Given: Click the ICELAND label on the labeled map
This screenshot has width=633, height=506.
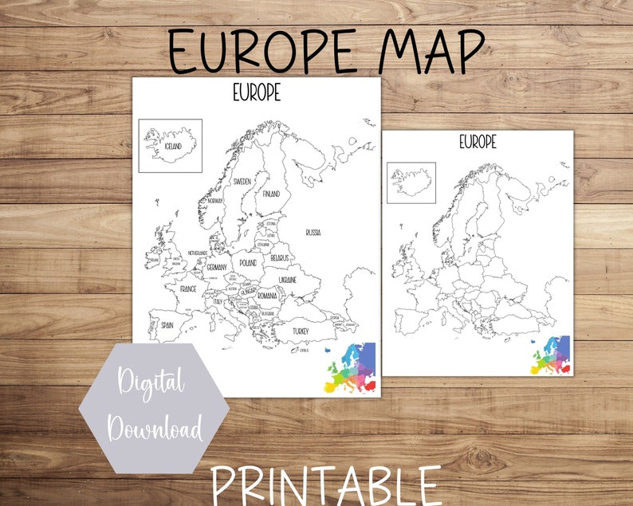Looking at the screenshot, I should click(173, 147).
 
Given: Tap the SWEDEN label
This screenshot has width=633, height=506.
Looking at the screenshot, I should click(242, 182).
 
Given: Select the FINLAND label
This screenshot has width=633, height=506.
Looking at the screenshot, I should click(272, 193).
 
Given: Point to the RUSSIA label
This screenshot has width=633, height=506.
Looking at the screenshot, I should click(313, 232).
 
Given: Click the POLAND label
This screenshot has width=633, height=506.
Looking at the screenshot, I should click(248, 262).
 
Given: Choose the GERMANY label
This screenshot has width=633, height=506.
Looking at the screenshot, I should click(216, 267).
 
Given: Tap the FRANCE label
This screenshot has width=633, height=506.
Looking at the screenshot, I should click(188, 288).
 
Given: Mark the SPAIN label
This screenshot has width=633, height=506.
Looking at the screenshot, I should click(167, 325).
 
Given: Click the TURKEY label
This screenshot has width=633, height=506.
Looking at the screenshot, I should click(300, 330).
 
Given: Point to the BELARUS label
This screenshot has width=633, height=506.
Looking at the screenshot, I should click(278, 258).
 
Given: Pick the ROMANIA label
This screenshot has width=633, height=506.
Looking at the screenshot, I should click(266, 296).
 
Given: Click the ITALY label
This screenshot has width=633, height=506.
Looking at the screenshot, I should click(217, 302).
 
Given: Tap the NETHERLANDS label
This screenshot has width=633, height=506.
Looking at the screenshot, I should click(198, 253).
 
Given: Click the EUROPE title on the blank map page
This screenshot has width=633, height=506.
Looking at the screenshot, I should click(478, 142).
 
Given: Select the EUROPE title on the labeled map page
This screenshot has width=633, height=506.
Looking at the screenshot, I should click(257, 93).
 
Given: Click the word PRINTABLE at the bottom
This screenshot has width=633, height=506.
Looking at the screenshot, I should click(326, 484).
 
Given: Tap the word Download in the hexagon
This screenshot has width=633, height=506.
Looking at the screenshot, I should click(155, 431).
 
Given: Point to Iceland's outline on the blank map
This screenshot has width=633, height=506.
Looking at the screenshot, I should click(411, 182).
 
